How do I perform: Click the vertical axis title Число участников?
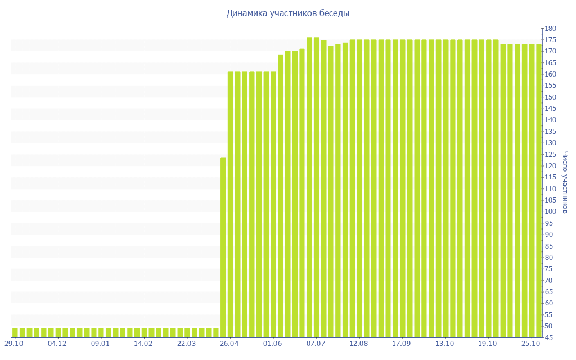click(x=565, y=182)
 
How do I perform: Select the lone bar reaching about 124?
click(x=223, y=247)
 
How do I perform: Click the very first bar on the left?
click(x=15, y=332)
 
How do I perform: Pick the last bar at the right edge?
click(x=539, y=191)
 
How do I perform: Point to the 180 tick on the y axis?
click(x=550, y=29)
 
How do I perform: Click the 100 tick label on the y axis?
click(x=550, y=211)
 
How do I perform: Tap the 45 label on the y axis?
click(x=548, y=337)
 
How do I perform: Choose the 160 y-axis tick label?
click(x=550, y=74)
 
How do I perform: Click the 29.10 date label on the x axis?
click(x=14, y=343)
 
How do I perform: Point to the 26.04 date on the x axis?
click(x=229, y=343)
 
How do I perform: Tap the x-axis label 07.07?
click(x=316, y=343)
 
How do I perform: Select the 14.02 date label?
click(x=143, y=343)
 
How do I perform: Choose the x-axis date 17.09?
click(x=402, y=343)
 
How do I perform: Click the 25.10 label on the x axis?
click(x=531, y=343)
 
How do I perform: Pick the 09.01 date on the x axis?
click(x=100, y=343)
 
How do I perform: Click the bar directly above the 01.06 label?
click(x=273, y=205)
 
